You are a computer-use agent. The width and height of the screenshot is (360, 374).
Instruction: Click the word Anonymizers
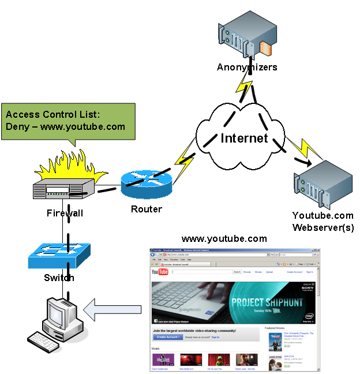(247, 67)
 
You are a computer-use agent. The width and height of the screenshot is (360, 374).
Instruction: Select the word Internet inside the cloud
(244, 138)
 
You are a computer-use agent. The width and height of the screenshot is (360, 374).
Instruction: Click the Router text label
(147, 209)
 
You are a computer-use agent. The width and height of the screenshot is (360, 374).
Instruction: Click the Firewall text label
(65, 214)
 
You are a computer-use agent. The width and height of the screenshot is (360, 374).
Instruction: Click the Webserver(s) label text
(323, 227)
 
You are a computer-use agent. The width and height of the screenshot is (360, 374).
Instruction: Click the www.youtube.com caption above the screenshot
(224, 239)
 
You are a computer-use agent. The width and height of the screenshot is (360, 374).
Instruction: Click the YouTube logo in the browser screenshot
(159, 272)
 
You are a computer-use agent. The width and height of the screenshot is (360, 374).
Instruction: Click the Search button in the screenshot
(237, 271)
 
